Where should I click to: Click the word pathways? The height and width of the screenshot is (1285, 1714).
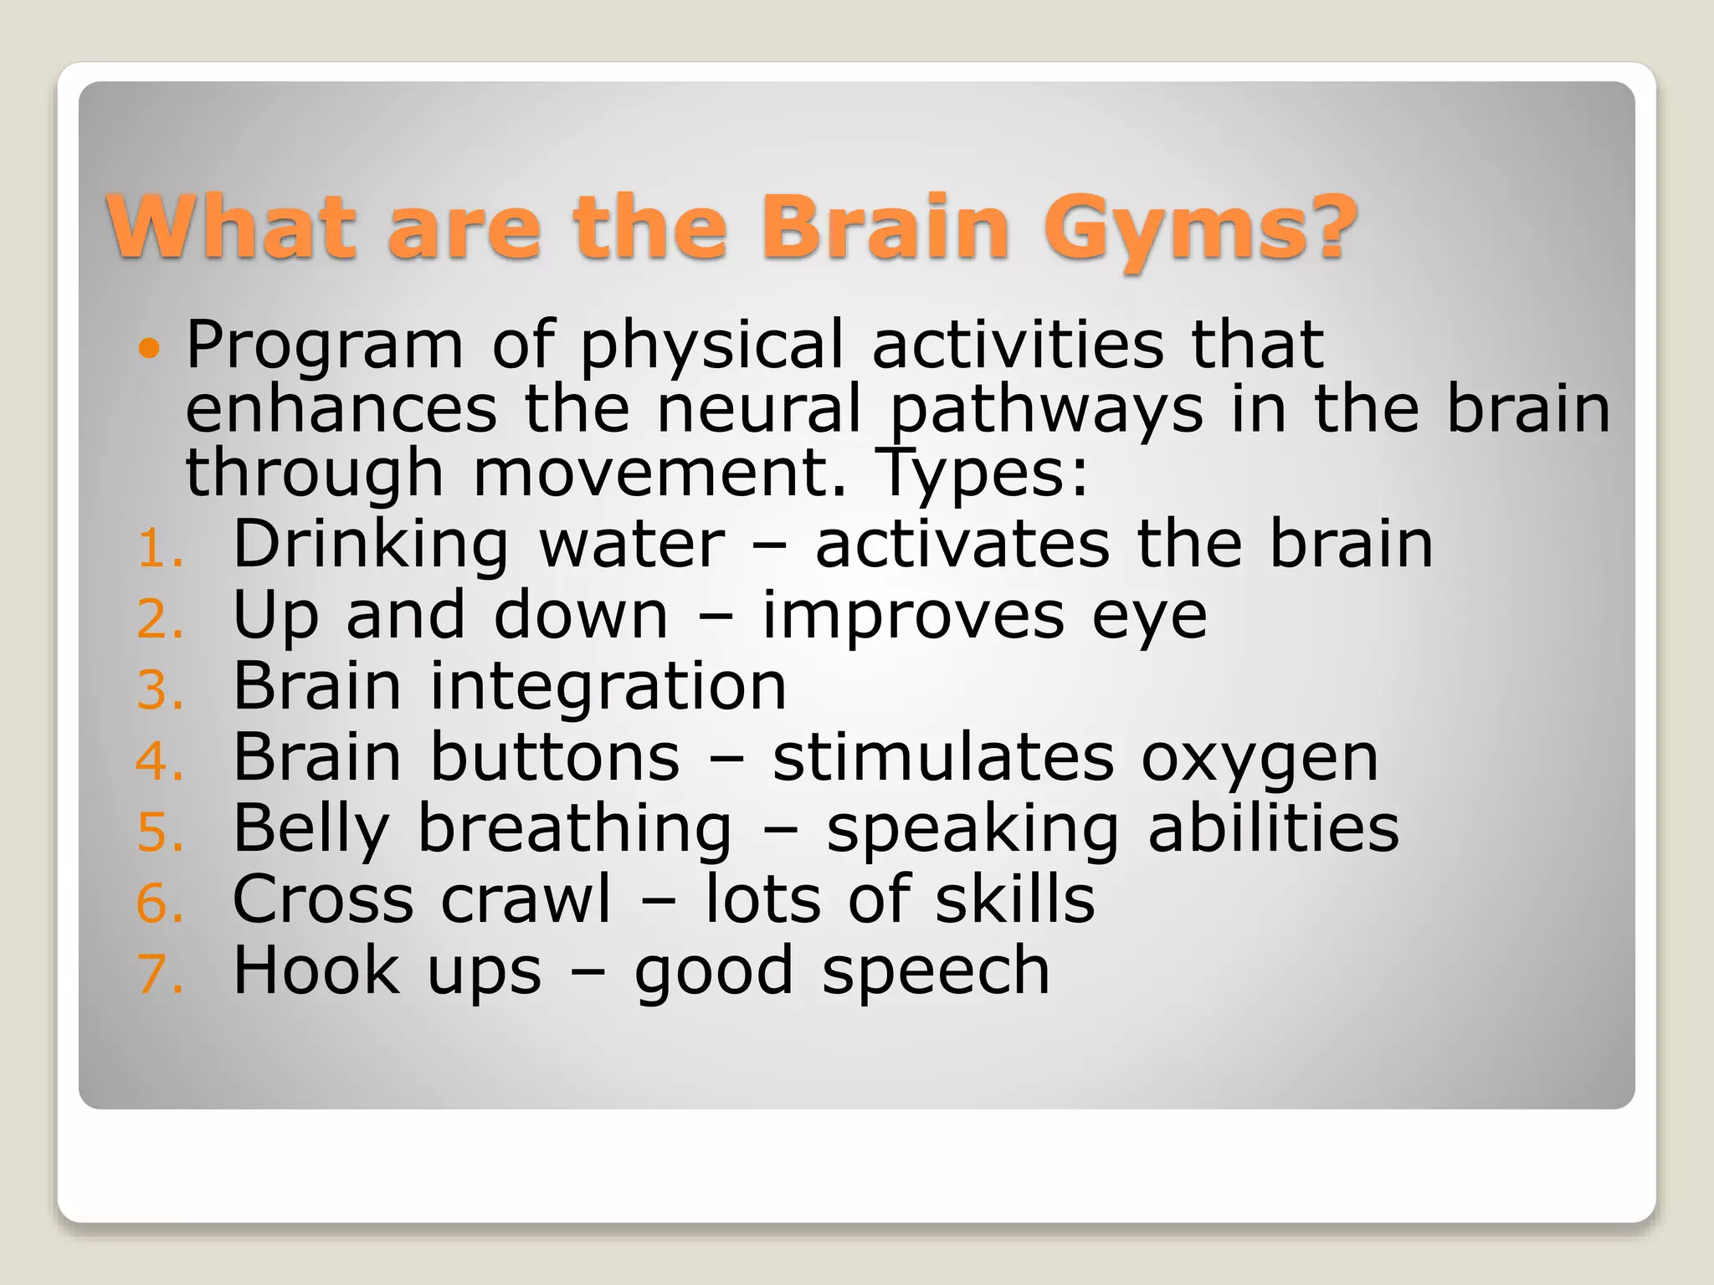coord(1045,412)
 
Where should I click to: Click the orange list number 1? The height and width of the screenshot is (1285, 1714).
coord(157,550)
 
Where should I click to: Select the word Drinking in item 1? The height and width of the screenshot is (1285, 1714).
coord(370,545)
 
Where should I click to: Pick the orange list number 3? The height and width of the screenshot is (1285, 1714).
coord(157,692)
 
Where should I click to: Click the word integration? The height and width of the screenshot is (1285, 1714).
coord(608,688)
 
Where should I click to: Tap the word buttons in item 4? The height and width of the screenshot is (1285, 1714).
coord(555,758)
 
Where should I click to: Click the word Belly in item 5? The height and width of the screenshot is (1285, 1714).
coord(310,830)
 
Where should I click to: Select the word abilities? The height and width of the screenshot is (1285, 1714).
coord(1273,829)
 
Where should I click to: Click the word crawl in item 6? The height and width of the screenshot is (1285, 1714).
coord(526,900)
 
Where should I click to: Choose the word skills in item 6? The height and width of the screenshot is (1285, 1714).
coord(1014,900)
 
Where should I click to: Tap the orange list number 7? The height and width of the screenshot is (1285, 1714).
coord(157,975)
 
